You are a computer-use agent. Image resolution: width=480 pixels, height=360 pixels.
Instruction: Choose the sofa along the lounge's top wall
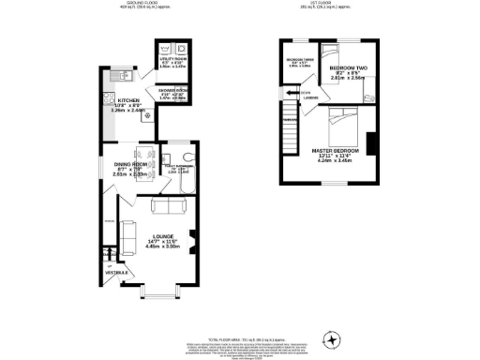click(x=169, y=206)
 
